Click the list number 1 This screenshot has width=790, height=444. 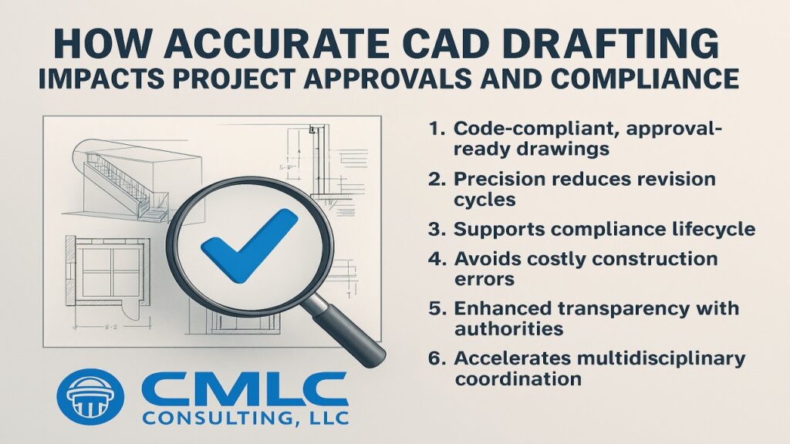[437, 129]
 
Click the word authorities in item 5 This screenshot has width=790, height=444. [508, 329]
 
